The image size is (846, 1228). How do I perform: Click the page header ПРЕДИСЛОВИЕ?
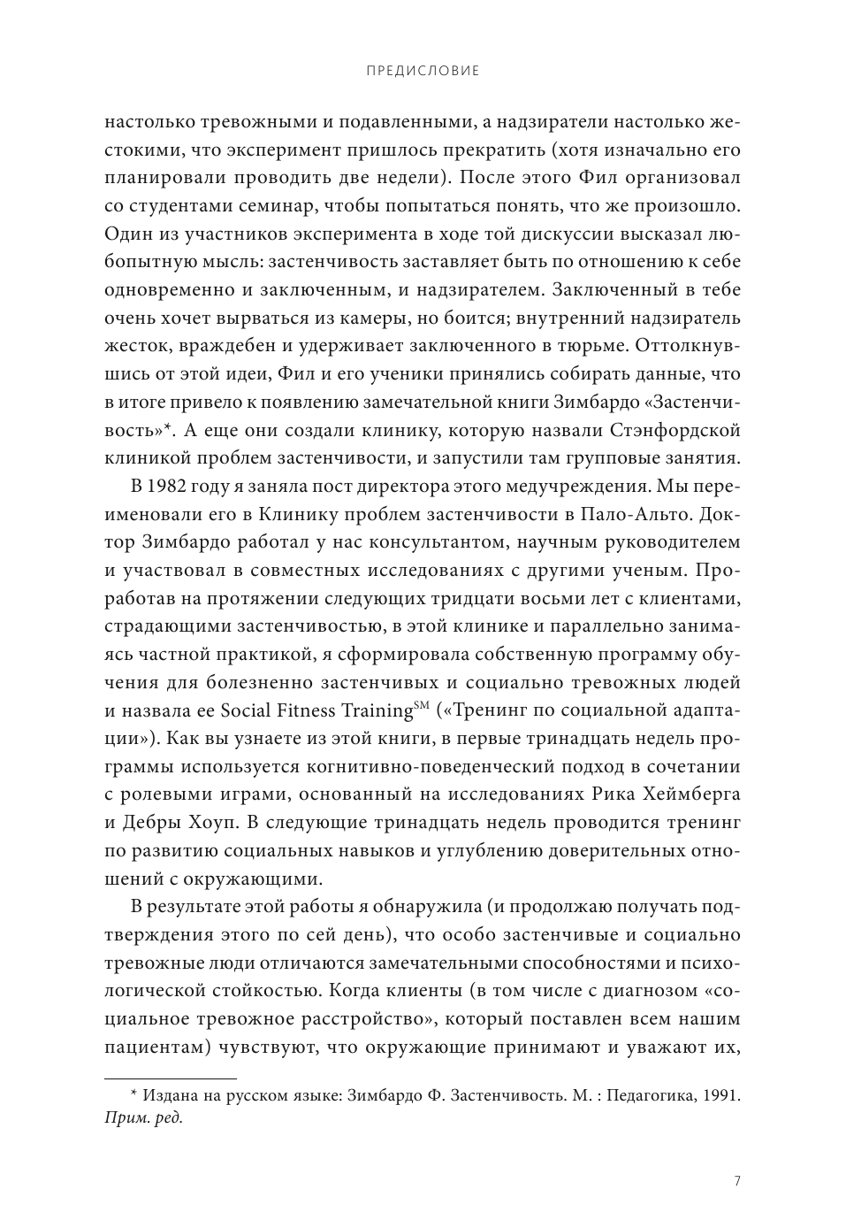coord(423,71)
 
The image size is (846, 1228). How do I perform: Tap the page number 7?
coord(737,1180)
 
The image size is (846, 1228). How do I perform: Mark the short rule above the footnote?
coord(171,1078)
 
